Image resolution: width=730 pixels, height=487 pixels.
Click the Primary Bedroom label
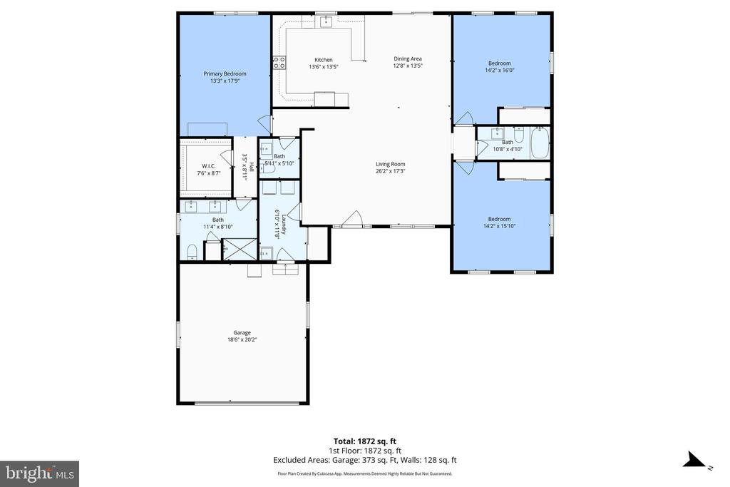(225, 73)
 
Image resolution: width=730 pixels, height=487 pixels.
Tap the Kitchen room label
(324, 60)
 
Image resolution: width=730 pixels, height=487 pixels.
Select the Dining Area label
(408, 58)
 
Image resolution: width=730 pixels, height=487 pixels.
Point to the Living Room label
(391, 164)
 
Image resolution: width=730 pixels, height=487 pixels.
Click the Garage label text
(242, 332)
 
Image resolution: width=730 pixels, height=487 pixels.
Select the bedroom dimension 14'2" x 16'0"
(499, 70)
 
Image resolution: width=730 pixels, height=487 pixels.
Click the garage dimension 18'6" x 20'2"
(242, 339)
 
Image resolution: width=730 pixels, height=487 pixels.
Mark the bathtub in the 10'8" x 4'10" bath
(540, 143)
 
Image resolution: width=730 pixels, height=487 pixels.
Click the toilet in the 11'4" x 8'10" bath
(192, 251)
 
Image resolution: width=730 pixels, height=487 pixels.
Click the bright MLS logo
(39, 473)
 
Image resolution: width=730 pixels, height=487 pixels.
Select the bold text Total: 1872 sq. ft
(364, 440)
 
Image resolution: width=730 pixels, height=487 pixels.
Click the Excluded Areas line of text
(364, 460)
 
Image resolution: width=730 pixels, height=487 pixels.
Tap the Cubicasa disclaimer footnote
(364, 473)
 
